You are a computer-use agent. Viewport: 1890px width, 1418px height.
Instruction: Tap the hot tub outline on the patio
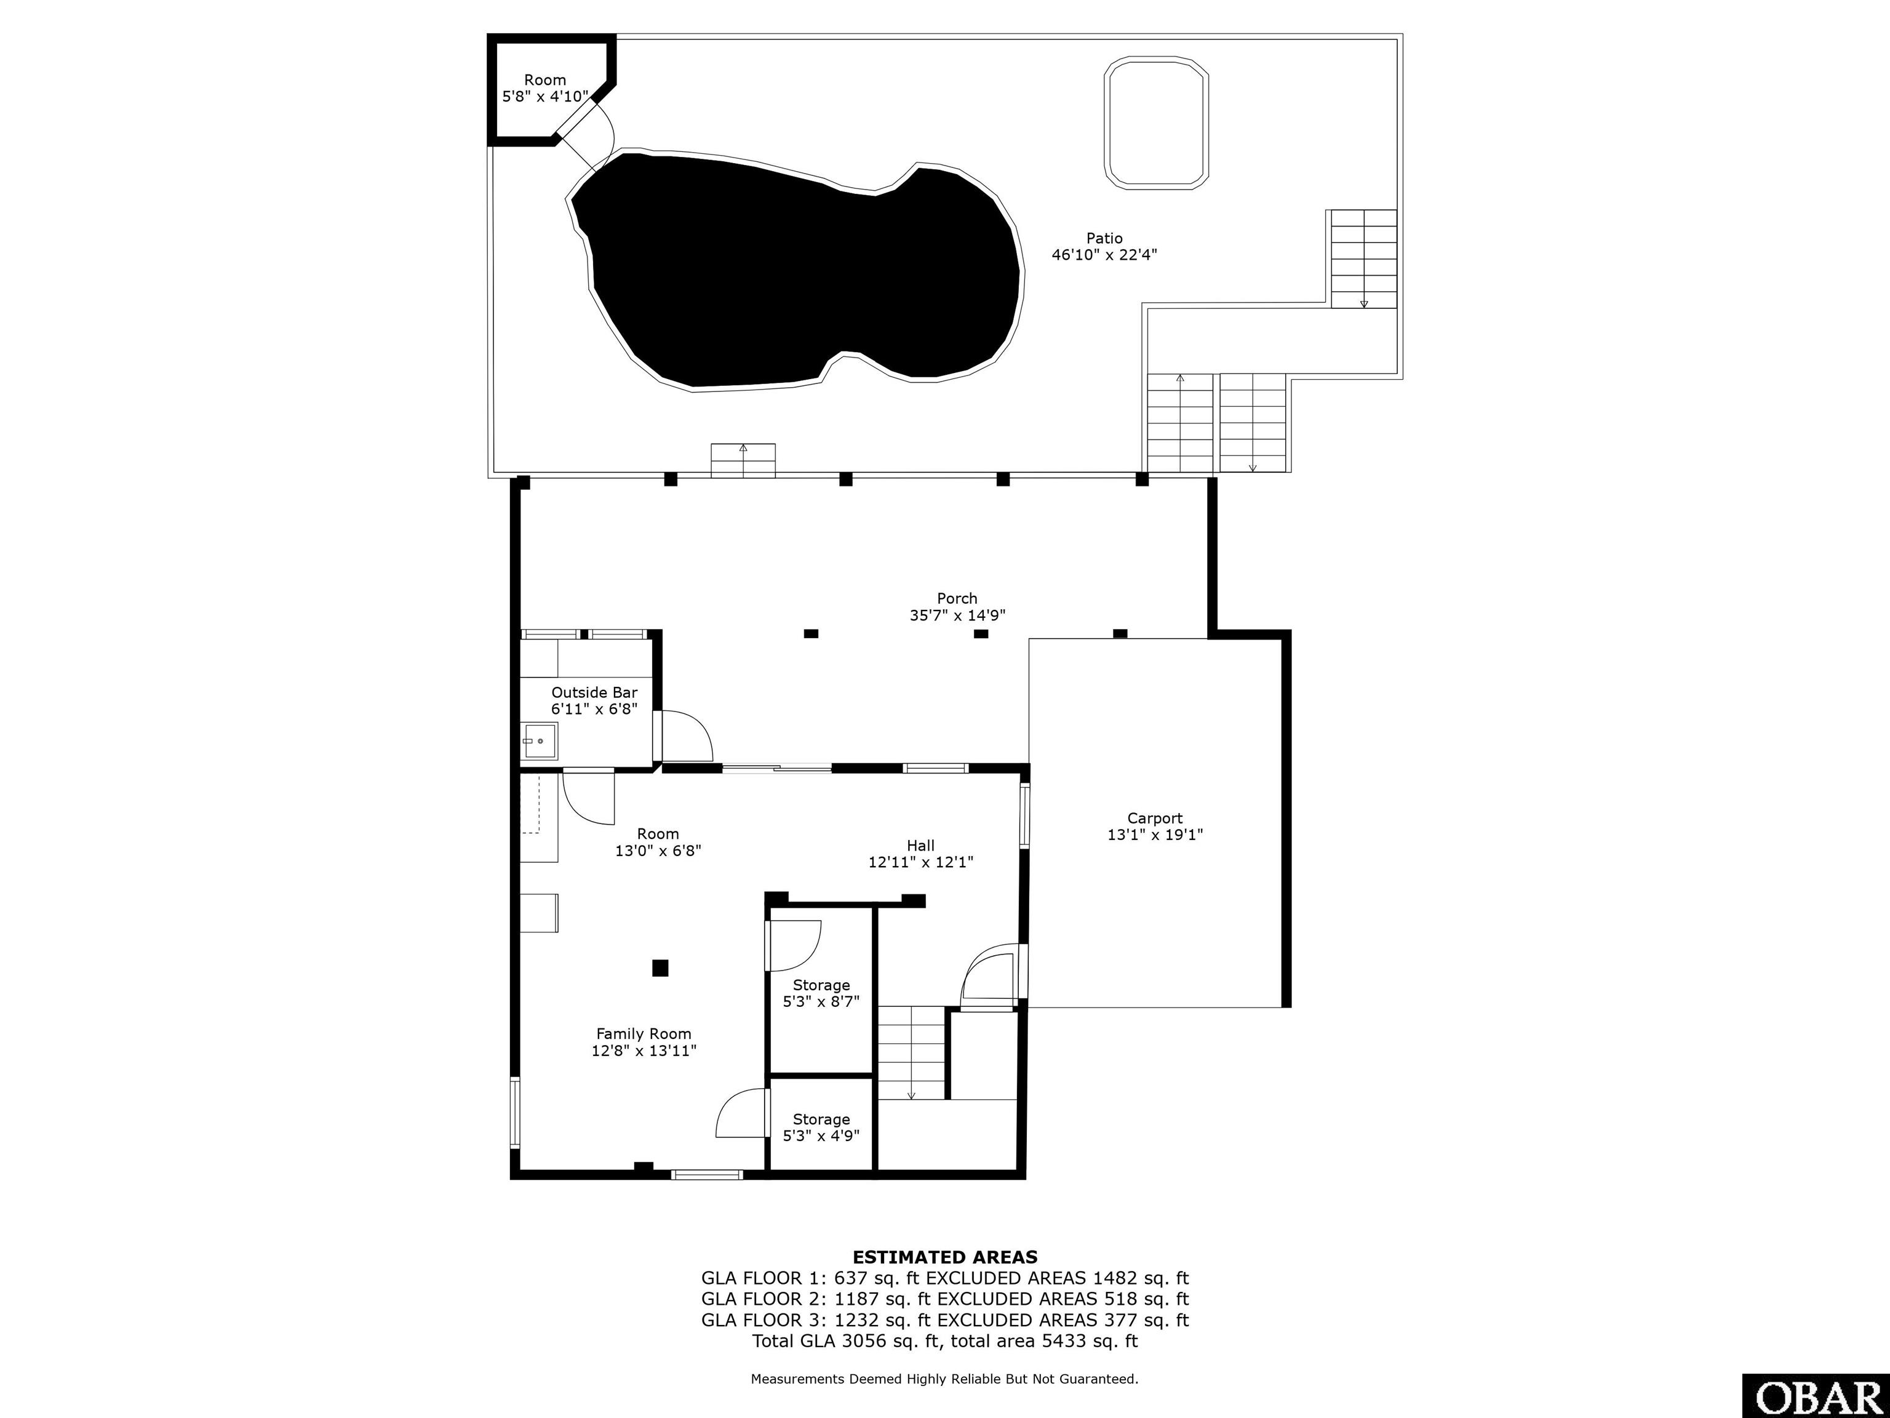click(1156, 122)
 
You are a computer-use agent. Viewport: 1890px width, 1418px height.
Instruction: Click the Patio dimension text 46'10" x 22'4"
click(1104, 255)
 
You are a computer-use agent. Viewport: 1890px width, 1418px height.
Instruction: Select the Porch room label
click(957, 598)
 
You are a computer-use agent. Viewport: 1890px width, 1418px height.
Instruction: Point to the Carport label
click(1155, 818)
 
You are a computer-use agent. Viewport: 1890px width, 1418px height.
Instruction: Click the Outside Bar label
click(594, 692)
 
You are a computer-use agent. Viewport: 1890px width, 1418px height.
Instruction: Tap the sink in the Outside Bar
click(539, 741)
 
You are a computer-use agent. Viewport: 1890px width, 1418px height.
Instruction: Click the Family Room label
click(644, 1034)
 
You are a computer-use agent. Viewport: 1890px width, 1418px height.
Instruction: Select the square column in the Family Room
click(660, 967)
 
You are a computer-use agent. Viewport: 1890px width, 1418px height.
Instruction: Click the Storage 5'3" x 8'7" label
click(821, 993)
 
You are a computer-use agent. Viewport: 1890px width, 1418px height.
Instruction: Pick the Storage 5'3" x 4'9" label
click(821, 1128)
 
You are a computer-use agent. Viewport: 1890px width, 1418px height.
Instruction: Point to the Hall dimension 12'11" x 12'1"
click(921, 862)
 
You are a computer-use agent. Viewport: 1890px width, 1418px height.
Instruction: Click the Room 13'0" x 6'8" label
click(658, 842)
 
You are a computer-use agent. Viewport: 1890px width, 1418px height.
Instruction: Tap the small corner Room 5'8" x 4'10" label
click(545, 88)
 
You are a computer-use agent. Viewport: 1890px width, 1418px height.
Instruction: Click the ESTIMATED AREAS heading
click(945, 1257)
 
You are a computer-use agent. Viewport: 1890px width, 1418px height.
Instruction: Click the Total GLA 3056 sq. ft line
click(945, 1341)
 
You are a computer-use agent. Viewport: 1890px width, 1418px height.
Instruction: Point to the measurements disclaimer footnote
click(945, 1379)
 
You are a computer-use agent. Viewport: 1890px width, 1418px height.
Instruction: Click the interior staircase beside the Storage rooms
click(912, 1053)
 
